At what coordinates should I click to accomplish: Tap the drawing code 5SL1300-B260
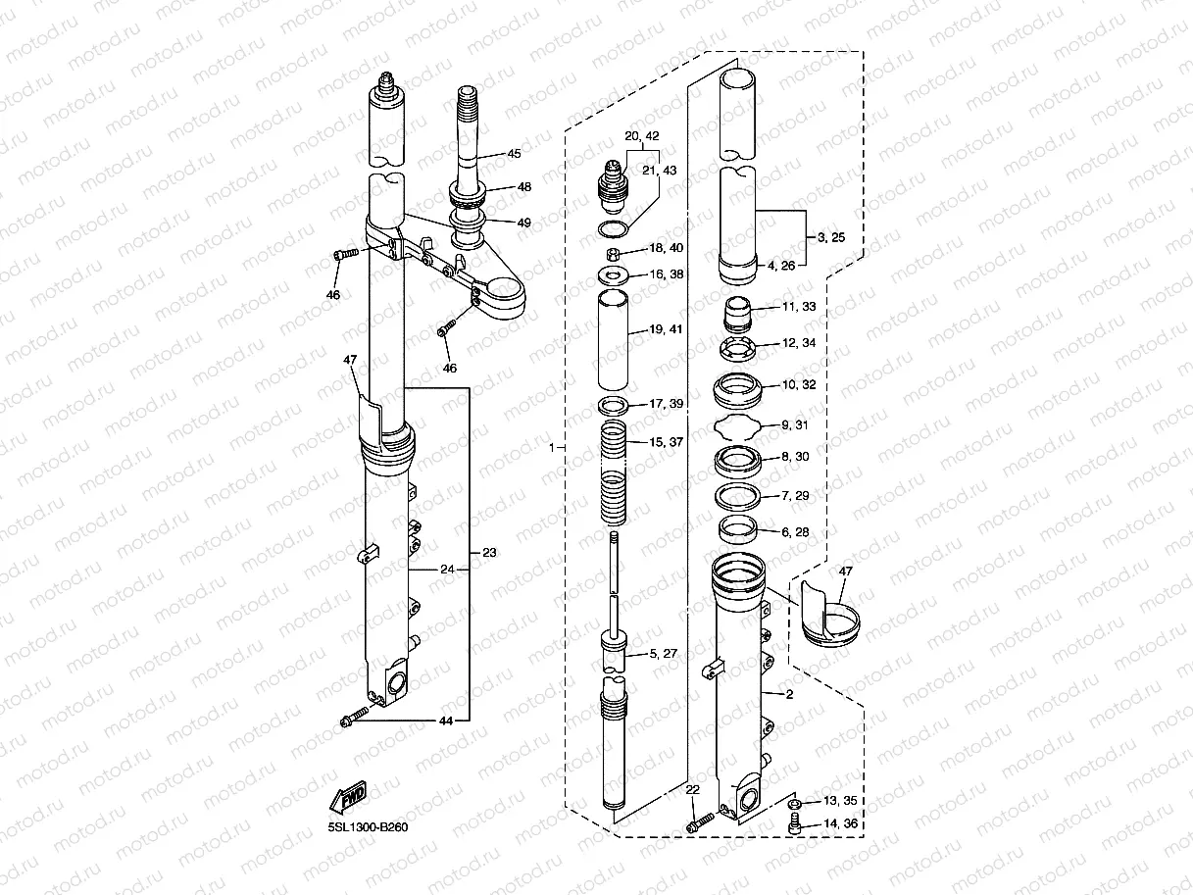tap(367, 826)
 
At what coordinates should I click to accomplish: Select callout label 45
tap(514, 154)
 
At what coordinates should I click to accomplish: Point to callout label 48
tap(524, 187)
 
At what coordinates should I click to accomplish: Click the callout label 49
tap(524, 223)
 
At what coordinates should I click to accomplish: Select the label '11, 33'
tap(796, 307)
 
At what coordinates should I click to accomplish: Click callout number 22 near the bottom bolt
tap(692, 789)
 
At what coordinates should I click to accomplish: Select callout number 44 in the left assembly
tap(446, 721)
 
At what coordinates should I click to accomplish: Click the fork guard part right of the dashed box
tap(831, 618)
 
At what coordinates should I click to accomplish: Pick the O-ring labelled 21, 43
tap(614, 228)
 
